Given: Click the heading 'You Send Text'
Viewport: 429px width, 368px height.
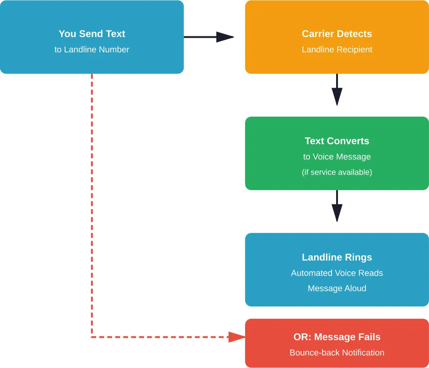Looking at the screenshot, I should pyautogui.click(x=92, y=34).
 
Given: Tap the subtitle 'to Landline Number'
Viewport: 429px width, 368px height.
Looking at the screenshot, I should pyautogui.click(x=92, y=50).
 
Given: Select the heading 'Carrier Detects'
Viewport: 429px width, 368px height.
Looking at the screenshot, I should pyautogui.click(x=337, y=34).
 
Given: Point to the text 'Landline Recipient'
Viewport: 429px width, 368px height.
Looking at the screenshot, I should pyautogui.click(x=337, y=50).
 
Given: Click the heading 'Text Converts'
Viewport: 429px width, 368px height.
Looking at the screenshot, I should pyautogui.click(x=337, y=141).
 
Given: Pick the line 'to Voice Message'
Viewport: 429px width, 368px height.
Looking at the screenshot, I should pyautogui.click(x=337, y=157).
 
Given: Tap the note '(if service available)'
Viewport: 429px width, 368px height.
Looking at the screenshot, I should pyautogui.click(x=337, y=172).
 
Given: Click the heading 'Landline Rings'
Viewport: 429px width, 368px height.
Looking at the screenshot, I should pyautogui.click(x=337, y=257).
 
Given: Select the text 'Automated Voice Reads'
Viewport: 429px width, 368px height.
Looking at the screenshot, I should pyautogui.click(x=337, y=273).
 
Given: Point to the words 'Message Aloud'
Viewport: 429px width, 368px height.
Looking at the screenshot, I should pyautogui.click(x=337, y=289).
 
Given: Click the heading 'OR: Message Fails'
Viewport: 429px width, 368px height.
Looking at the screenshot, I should pyautogui.click(x=337, y=337).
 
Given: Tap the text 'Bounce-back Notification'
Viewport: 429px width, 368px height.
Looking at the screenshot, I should pyautogui.click(x=337, y=353).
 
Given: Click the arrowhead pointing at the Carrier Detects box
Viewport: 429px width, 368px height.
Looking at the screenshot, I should pyautogui.click(x=225, y=37).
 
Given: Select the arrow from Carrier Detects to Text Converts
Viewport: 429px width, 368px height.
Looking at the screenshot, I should pyautogui.click(x=337, y=90).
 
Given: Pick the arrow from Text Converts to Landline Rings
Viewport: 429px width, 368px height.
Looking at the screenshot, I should pyautogui.click(x=337, y=206).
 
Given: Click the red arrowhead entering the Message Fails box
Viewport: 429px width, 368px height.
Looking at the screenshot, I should pyautogui.click(x=237, y=337).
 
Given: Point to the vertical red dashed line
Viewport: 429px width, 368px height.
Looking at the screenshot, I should pyautogui.click(x=92, y=207).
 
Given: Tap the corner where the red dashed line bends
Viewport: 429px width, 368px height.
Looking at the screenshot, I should pyautogui.click(x=92, y=337).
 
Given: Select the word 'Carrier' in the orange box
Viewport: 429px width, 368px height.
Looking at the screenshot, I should pyautogui.click(x=318, y=34).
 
